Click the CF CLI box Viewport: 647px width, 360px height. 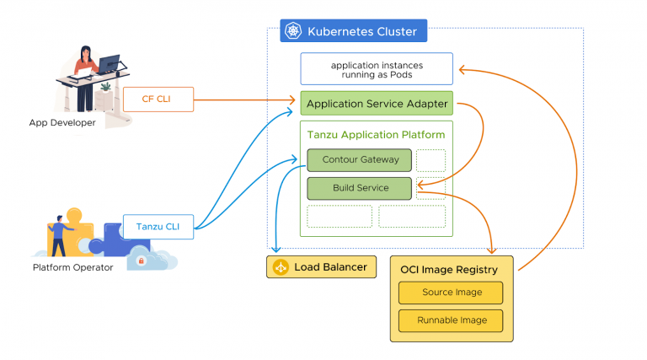point(158,99)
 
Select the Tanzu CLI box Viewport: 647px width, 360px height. point(158,226)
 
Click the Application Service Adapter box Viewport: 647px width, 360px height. point(377,104)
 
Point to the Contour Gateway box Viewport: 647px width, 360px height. point(359,160)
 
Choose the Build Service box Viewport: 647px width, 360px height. point(359,188)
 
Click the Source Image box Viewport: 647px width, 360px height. point(450,293)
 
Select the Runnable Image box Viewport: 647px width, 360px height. point(450,320)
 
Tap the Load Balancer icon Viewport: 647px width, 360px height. point(281,268)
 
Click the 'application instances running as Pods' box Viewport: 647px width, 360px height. point(377,69)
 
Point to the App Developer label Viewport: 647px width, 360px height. point(62,123)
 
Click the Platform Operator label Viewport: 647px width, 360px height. point(72,268)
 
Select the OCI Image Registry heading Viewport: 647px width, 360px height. point(450,269)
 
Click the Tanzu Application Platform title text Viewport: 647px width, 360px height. point(376,135)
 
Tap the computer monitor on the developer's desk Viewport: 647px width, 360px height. point(109,64)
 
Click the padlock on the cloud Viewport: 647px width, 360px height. point(141,261)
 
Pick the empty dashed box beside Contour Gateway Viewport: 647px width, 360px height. point(430,160)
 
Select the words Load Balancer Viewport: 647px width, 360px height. point(330,268)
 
